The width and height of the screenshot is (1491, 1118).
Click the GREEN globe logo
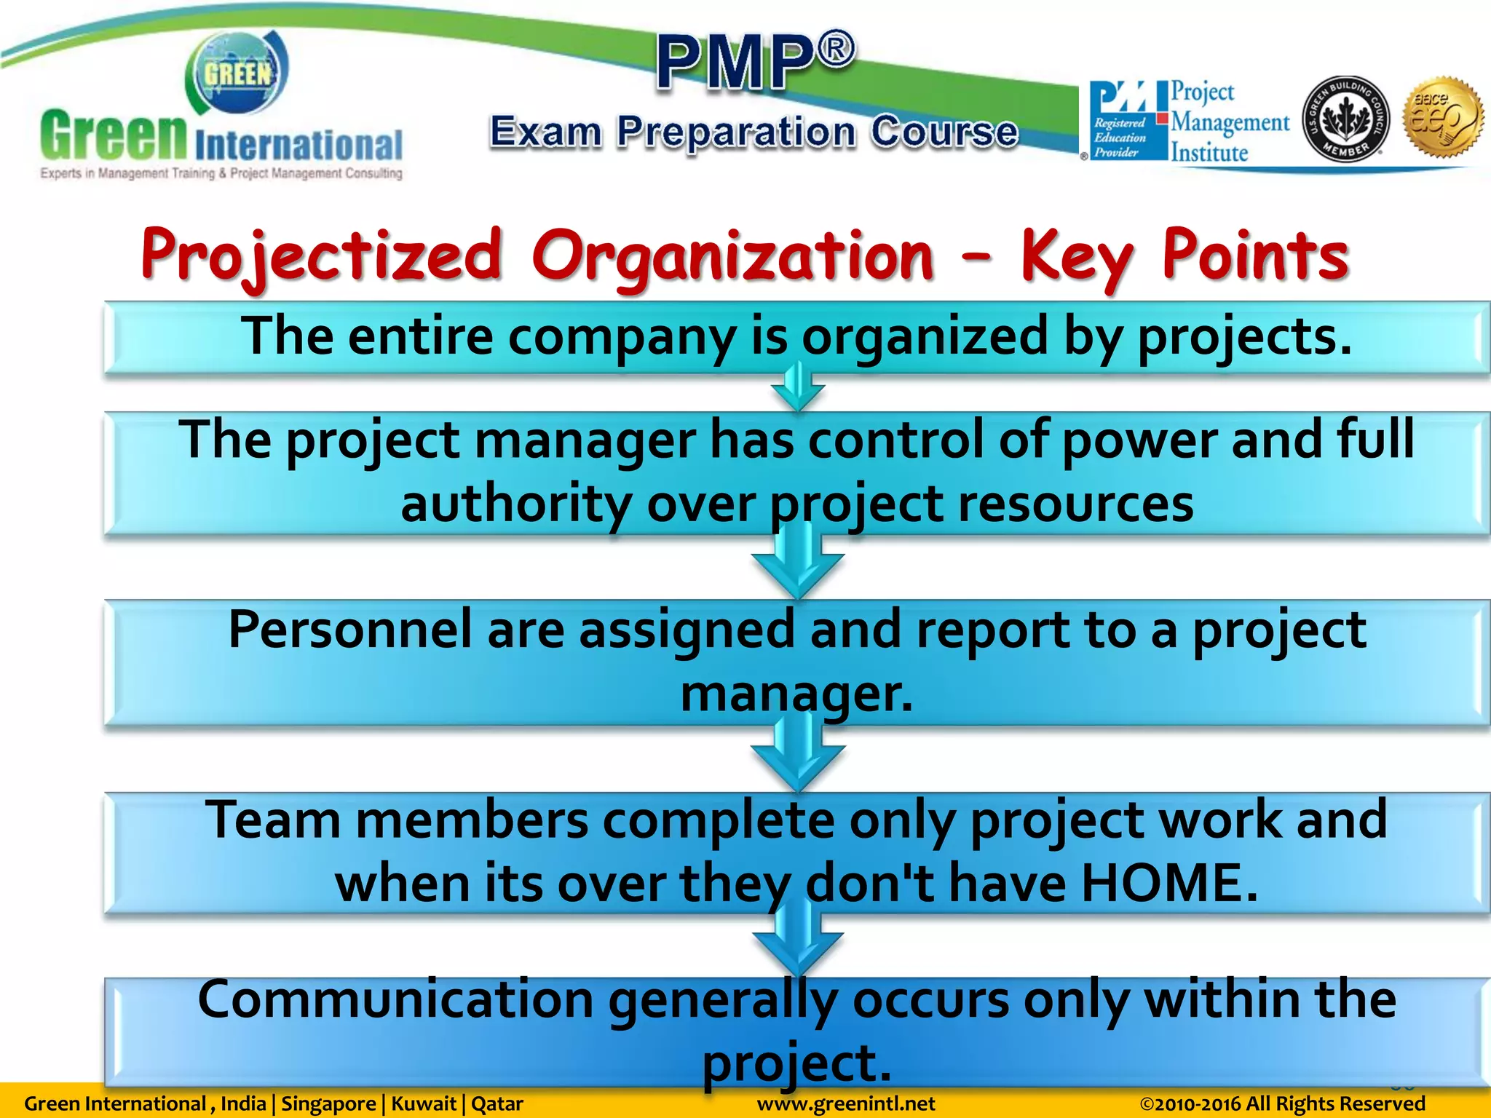(x=237, y=73)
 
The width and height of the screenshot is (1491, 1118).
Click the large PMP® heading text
(x=755, y=63)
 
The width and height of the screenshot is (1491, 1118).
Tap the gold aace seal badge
(x=1444, y=116)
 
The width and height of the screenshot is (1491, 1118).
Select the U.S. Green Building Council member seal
(x=1345, y=119)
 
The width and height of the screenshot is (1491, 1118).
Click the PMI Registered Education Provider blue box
(x=1122, y=121)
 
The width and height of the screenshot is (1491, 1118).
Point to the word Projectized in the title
(x=321, y=255)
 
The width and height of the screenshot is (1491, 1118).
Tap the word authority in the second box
(x=515, y=504)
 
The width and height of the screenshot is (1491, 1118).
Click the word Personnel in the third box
(x=349, y=630)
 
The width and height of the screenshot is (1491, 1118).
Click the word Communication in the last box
(x=395, y=999)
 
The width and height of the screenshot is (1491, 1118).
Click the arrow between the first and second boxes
(x=797, y=390)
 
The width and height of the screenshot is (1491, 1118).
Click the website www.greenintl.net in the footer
(x=845, y=1104)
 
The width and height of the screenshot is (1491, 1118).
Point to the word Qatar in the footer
(x=497, y=1104)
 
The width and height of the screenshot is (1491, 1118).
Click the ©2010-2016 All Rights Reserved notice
(x=1282, y=1104)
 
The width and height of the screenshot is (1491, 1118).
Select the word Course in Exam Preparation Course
(x=944, y=132)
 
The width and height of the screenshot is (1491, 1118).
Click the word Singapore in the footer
(x=328, y=1104)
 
